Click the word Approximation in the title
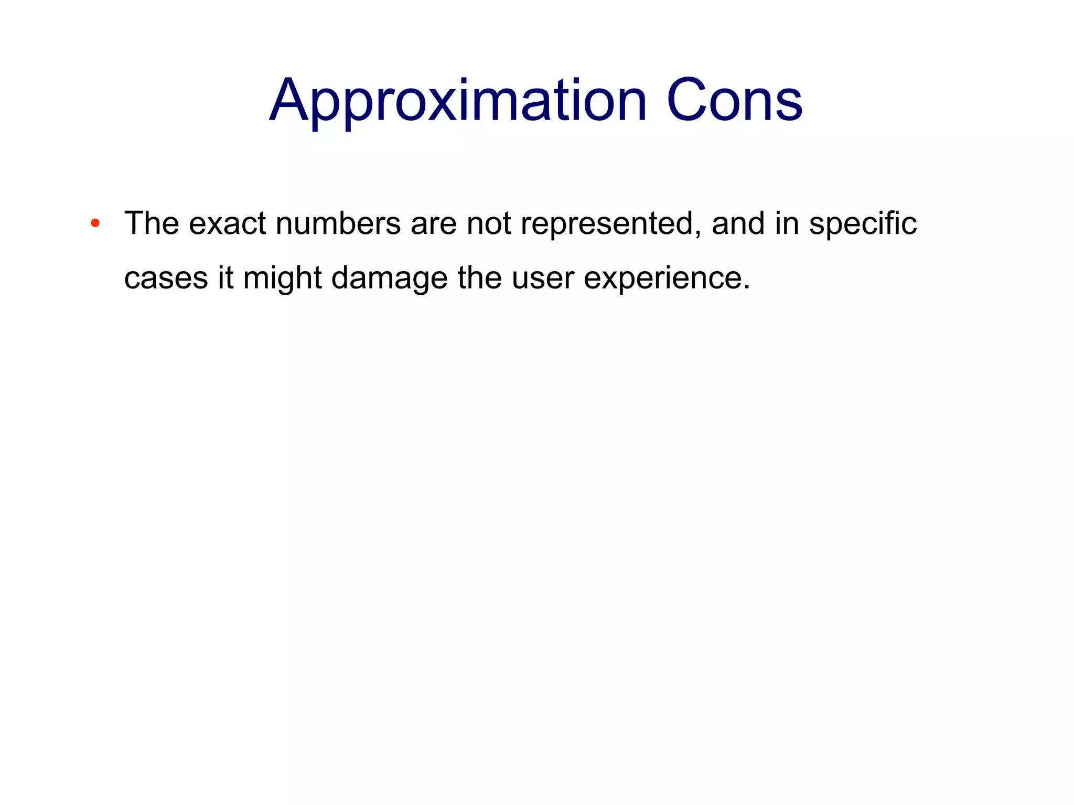point(458,101)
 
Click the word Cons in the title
point(734,101)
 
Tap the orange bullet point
point(95,224)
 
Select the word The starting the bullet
point(152,223)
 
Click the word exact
point(227,224)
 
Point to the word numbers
point(338,224)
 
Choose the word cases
point(166,279)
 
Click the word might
point(282,278)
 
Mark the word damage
point(389,278)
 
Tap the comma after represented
point(699,235)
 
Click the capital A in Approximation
point(288,101)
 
